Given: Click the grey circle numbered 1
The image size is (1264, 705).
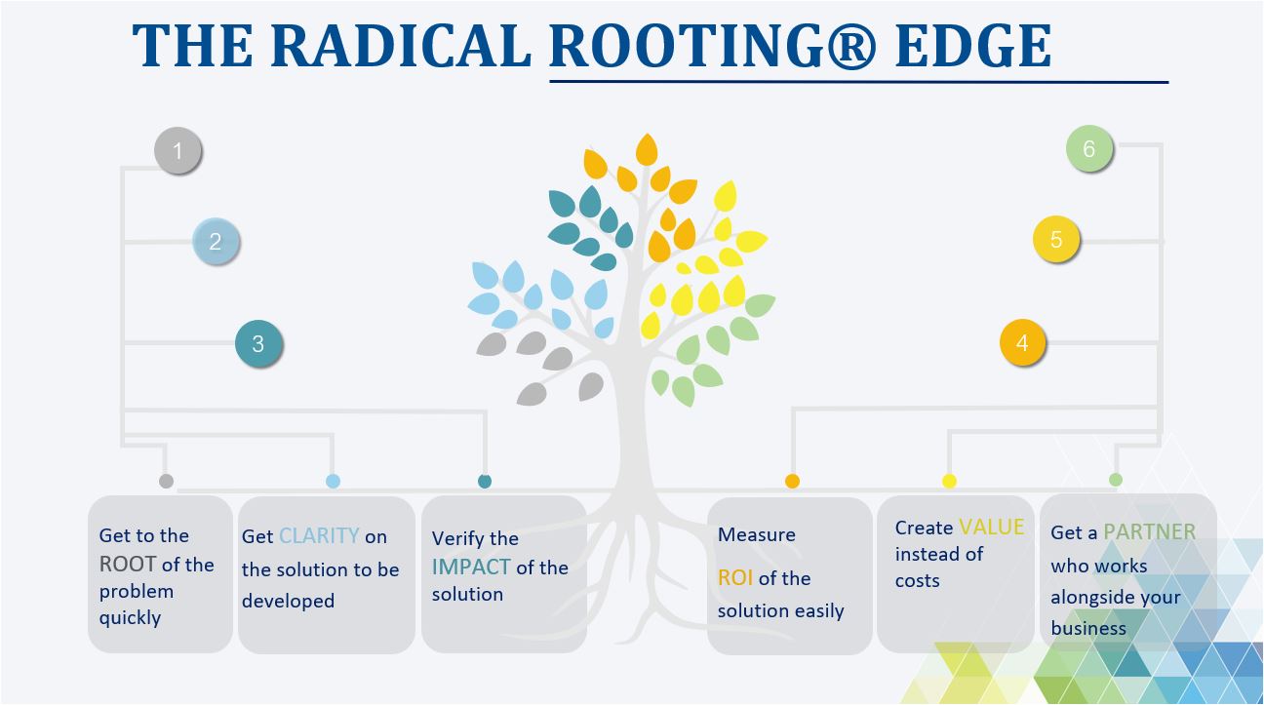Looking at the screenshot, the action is [178, 150].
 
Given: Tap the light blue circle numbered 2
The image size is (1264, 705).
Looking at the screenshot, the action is [216, 242].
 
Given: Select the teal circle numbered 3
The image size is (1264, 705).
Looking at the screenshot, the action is [258, 343].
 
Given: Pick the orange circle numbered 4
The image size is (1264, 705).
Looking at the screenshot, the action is [1022, 342].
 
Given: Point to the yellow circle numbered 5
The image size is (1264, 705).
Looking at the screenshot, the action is [1056, 239].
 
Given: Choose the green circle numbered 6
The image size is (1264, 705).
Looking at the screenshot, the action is [1089, 149].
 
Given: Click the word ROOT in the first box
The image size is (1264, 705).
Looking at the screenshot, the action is [128, 564].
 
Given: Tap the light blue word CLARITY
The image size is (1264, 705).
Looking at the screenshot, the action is [319, 535].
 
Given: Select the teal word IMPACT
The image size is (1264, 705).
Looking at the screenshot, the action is [471, 567].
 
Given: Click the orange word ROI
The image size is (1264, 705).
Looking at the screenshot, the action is [734, 577].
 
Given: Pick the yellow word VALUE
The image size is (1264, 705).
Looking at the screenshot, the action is [992, 527].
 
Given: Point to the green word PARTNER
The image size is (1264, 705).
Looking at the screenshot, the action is [1150, 531].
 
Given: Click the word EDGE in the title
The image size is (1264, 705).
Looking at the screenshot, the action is [973, 46].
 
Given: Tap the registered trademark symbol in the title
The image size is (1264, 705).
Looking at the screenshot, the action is [852, 46].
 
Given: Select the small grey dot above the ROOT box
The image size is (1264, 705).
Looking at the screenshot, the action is [166, 481].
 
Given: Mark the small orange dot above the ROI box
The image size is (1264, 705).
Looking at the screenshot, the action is [792, 481].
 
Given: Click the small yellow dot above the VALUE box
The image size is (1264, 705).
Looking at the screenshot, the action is [949, 481].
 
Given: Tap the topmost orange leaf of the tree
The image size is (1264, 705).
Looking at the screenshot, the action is [647, 150].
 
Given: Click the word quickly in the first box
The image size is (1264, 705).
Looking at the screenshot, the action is [130, 618].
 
